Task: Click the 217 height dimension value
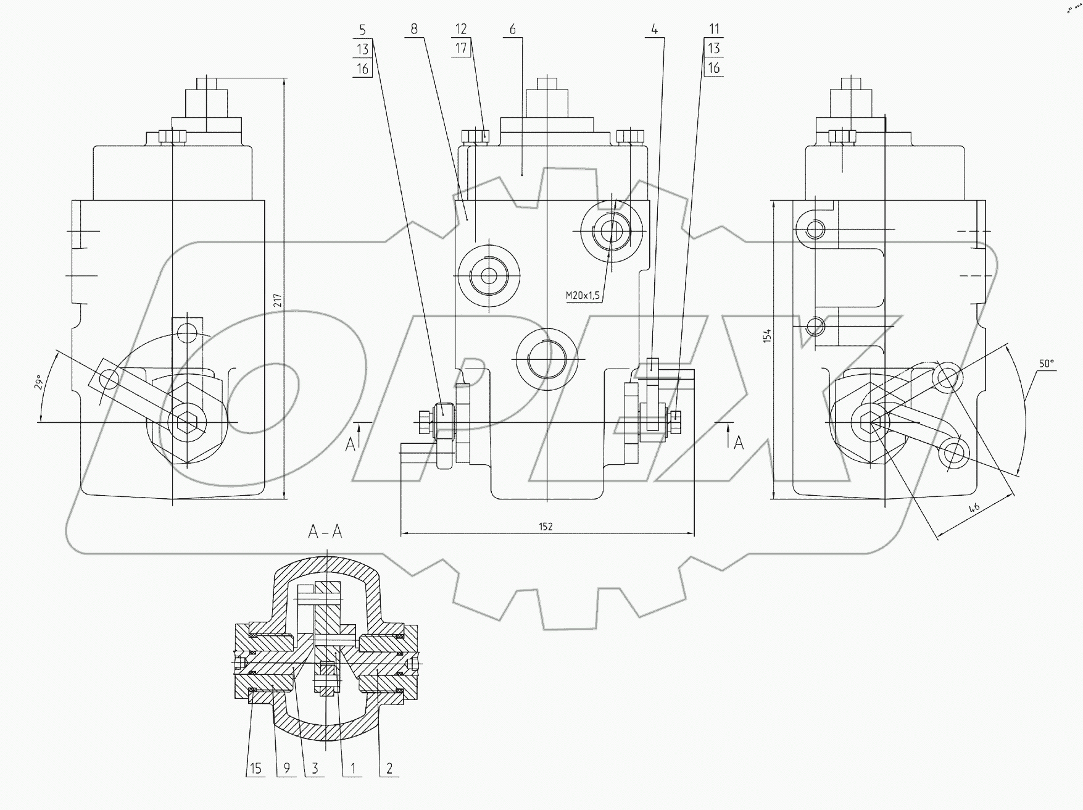(278, 301)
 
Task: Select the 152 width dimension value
(546, 527)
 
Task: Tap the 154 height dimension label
(766, 336)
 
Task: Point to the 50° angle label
(1045, 364)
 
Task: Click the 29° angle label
(38, 383)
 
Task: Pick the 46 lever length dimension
(974, 509)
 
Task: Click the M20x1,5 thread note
(583, 296)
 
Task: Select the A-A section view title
(325, 532)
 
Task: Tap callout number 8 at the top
(413, 29)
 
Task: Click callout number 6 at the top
(513, 29)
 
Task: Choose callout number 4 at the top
(654, 29)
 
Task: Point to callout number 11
(714, 29)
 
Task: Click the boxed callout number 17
(462, 48)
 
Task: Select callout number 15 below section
(255, 769)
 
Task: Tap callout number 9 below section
(286, 769)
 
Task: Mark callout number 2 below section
(389, 769)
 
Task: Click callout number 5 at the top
(362, 29)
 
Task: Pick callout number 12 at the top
(461, 29)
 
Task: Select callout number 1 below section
(352, 769)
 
